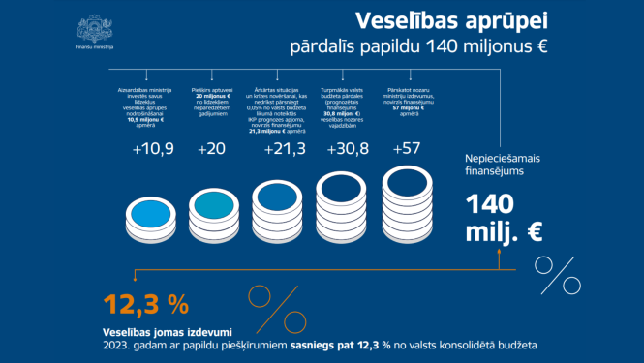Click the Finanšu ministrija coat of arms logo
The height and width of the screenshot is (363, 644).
(x=95, y=26)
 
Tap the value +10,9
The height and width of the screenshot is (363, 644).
(x=150, y=150)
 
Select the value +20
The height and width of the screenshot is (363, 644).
(x=211, y=150)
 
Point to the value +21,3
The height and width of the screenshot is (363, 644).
(x=276, y=150)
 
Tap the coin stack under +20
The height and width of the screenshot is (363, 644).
(x=212, y=206)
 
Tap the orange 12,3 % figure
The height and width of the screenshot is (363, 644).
(x=146, y=303)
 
